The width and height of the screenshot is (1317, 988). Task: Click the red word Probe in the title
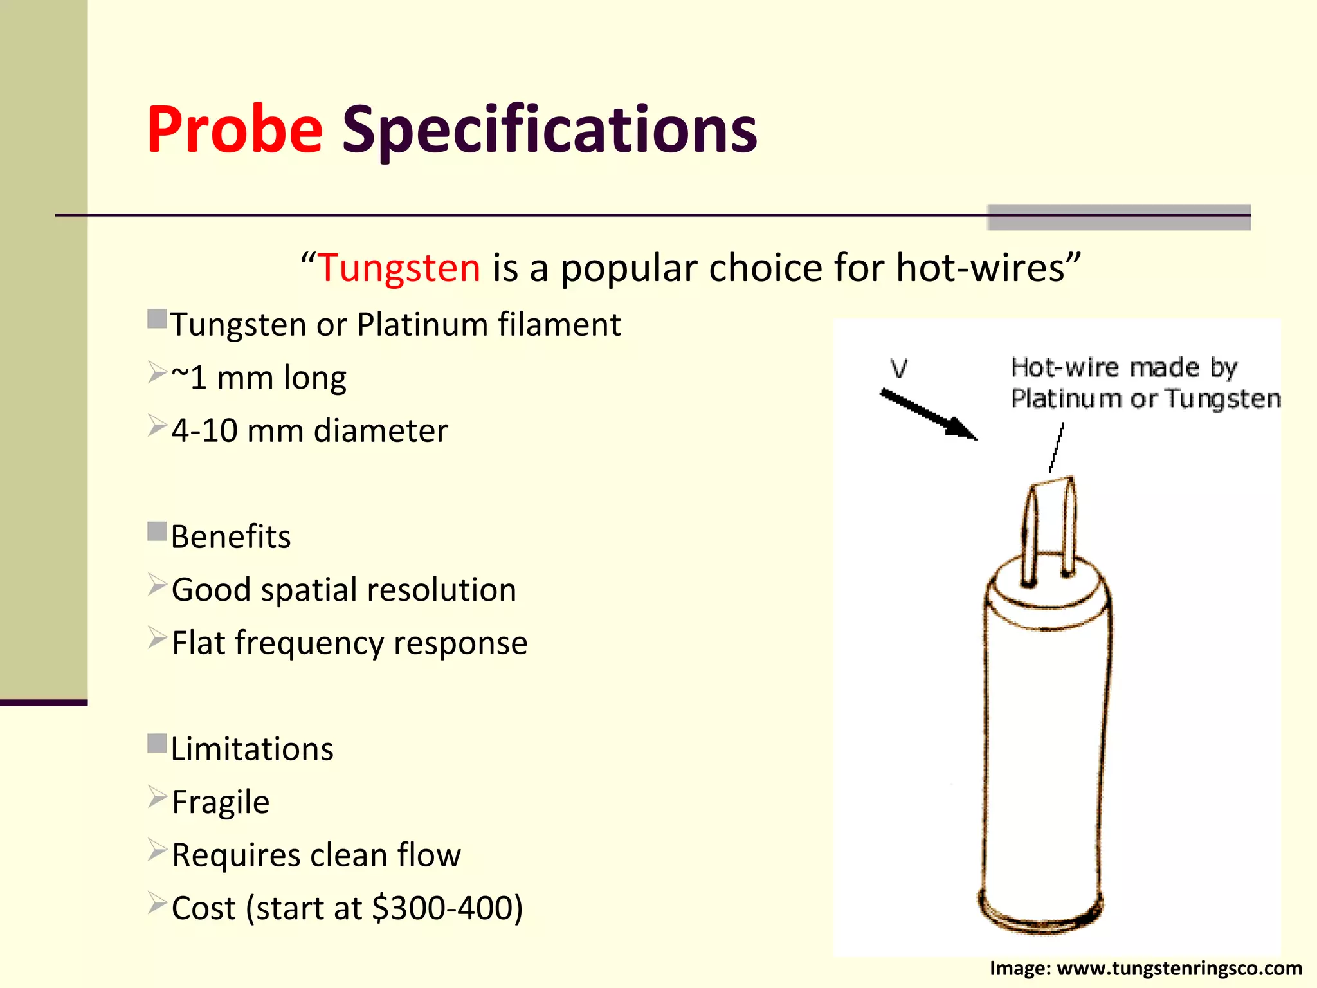tap(235, 130)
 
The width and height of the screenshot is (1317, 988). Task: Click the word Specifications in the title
tap(549, 130)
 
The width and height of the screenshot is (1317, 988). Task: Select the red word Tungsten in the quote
tap(399, 268)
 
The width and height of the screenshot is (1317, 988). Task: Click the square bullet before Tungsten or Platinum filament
tap(157, 319)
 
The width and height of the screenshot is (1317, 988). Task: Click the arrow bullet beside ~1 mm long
tap(157, 372)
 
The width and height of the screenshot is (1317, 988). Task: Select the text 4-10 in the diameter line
tap(204, 430)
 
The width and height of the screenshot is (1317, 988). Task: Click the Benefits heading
tap(231, 536)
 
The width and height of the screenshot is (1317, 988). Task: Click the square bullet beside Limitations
tap(157, 744)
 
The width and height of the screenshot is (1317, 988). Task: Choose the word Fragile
tap(221, 802)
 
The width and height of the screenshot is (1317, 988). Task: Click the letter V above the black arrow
tap(898, 369)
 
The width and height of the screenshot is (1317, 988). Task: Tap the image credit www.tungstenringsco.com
tap(1179, 968)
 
